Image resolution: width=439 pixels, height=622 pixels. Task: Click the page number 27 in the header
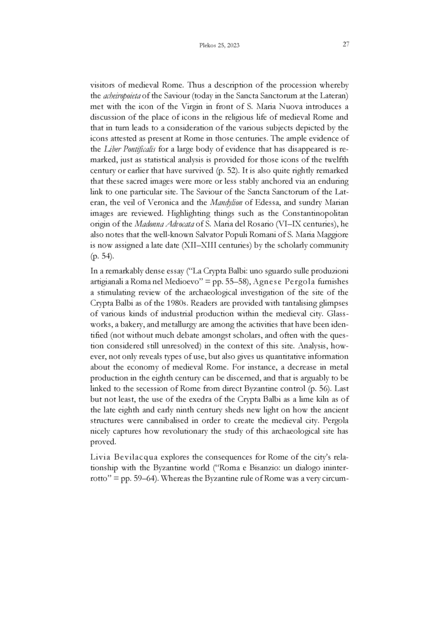346,45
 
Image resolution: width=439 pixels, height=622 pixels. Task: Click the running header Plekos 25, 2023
219,45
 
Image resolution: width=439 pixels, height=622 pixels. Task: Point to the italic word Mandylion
205,201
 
